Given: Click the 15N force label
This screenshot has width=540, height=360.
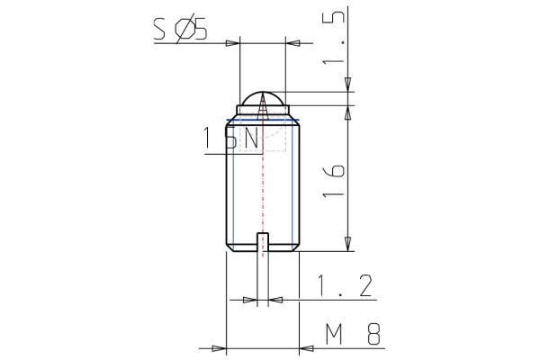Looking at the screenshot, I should (x=231, y=139).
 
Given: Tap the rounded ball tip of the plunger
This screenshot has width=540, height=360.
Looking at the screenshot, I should (x=262, y=97).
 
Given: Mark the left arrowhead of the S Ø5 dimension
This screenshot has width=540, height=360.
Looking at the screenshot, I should (x=233, y=43).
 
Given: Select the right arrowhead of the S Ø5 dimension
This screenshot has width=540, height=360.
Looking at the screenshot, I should (x=292, y=43).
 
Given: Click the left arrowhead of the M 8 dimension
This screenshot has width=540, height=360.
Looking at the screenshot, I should (x=217, y=346).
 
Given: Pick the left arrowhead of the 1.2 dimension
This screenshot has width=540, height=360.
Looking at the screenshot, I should (x=250, y=299).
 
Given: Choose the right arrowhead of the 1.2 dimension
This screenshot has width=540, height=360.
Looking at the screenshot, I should (x=274, y=299).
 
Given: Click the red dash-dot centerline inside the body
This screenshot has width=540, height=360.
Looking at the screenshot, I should (x=263, y=189).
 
